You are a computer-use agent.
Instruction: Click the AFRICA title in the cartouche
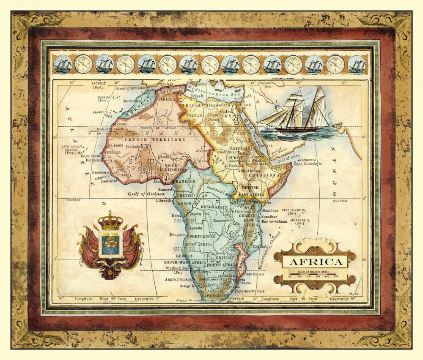(x=315, y=262)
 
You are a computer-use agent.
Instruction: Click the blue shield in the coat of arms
(x=110, y=244)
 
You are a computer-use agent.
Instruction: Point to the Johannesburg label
(x=211, y=279)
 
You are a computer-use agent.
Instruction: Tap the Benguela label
(x=178, y=234)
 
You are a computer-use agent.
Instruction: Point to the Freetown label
(x=101, y=172)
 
